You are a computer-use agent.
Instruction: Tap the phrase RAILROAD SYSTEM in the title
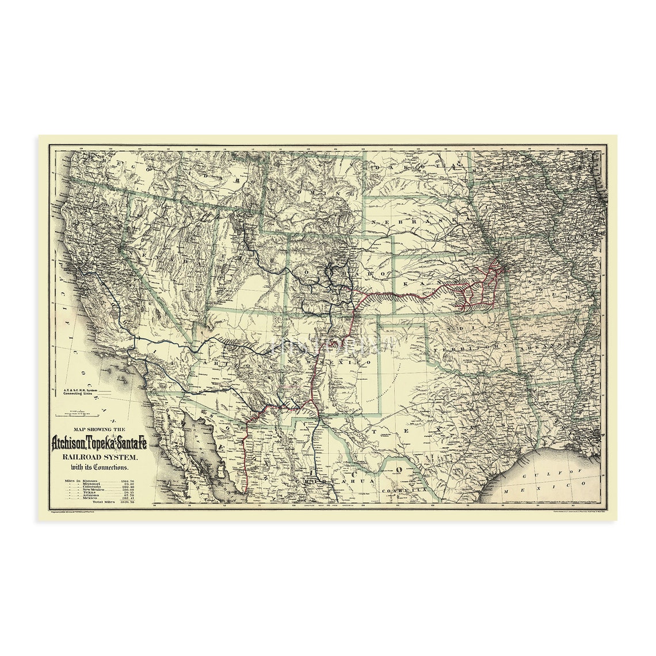tap(100, 456)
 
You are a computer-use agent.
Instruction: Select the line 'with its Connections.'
tap(100, 466)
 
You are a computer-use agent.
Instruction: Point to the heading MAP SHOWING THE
tap(100, 430)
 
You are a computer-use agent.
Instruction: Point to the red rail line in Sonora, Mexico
tap(244, 460)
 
